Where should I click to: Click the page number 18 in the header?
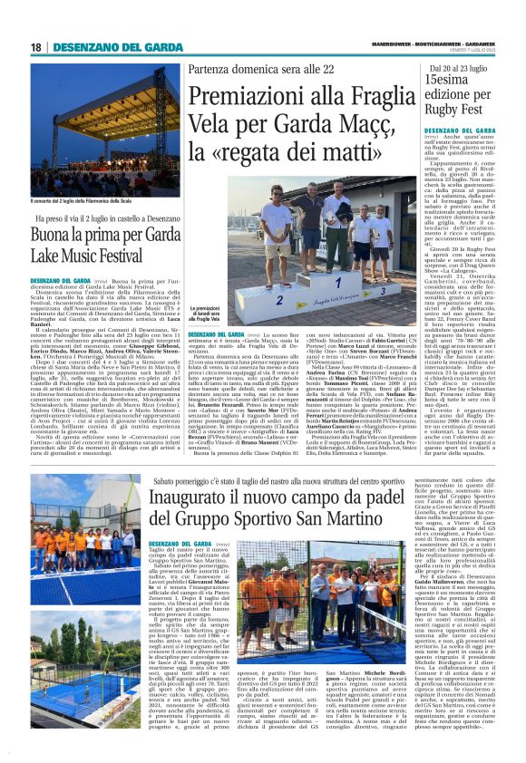click(35, 46)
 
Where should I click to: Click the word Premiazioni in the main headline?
click(241, 97)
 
